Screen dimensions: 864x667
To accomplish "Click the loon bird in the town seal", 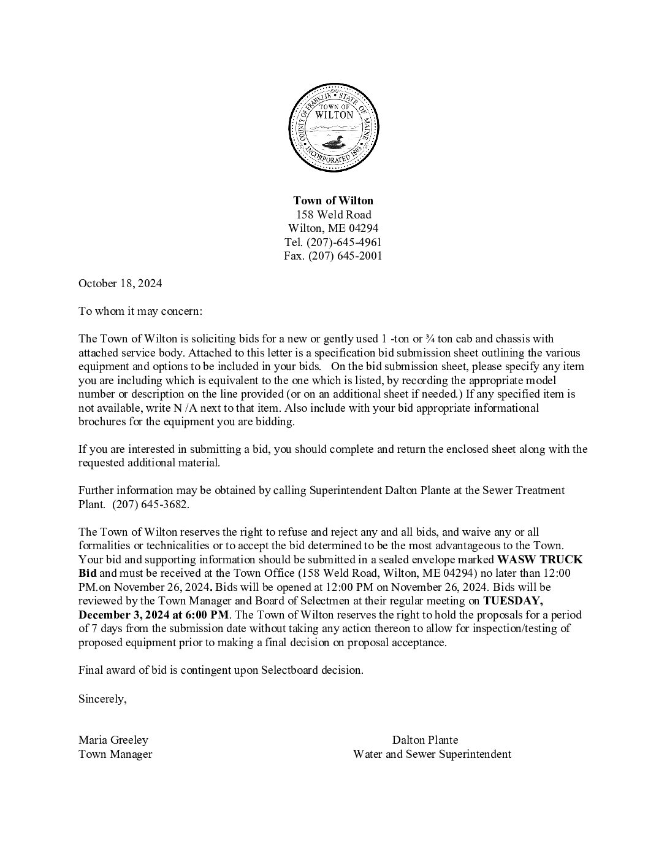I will tap(333, 144).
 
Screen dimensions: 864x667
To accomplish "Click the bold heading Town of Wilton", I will tap(333, 201).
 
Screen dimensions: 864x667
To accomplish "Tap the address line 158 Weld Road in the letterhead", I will tap(333, 215).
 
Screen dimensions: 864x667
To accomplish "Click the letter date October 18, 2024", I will tap(120, 283).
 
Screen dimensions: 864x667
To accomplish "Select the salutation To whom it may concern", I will tap(140, 311).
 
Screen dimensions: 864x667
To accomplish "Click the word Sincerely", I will tap(102, 698).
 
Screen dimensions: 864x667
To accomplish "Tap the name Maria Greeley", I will tap(113, 740).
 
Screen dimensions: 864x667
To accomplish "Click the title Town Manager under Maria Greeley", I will tap(115, 754).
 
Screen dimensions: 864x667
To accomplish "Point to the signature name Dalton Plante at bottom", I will tap(425, 740).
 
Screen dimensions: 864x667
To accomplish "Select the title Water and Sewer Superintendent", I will tap(432, 754).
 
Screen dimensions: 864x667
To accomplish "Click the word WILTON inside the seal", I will tap(333, 115).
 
